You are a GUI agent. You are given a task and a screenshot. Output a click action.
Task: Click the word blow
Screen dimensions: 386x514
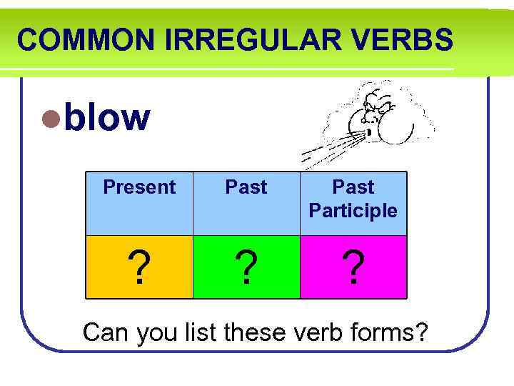(107, 117)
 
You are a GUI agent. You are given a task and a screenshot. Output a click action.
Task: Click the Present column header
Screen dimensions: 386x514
(139, 187)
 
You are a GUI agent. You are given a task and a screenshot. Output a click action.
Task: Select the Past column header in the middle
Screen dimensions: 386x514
(246, 187)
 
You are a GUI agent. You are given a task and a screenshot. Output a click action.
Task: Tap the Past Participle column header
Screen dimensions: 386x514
(353, 199)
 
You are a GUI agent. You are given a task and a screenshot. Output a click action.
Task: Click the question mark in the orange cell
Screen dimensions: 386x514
(139, 268)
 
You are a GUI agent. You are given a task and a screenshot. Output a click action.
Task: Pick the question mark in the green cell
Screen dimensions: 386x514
(246, 268)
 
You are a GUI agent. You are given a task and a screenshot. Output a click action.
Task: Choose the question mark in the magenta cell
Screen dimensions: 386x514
(353, 268)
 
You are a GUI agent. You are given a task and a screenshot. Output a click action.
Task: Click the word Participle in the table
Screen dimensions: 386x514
(353, 211)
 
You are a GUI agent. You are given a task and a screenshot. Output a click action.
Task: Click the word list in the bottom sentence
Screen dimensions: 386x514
(203, 332)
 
